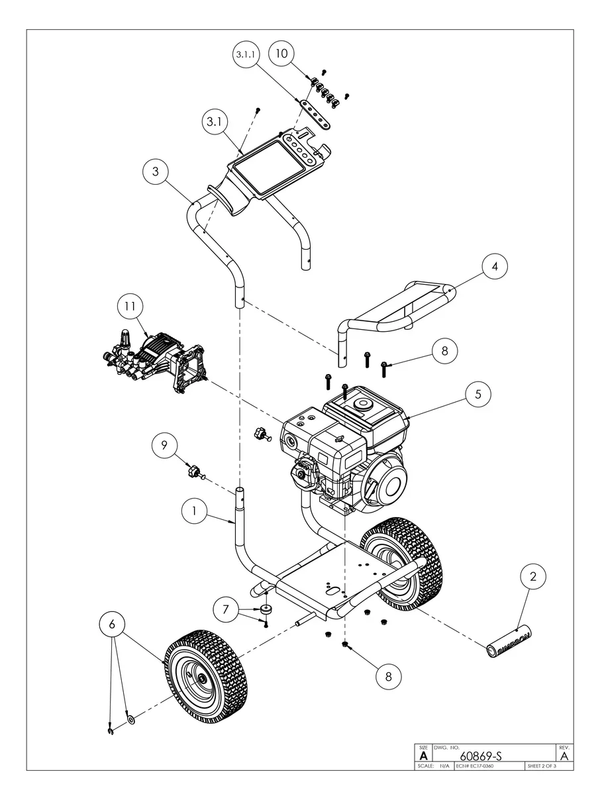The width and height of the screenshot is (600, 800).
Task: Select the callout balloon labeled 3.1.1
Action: coord(246,56)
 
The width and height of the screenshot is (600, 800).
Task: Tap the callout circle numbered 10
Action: coord(282,54)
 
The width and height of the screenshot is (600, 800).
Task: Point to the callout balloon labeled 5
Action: coord(477,394)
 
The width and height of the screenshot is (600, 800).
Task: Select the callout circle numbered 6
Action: coord(112,624)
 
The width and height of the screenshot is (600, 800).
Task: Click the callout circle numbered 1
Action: coord(194,511)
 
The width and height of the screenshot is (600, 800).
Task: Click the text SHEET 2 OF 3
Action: coord(542,766)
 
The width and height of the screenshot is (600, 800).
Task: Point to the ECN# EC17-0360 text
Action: coord(475,766)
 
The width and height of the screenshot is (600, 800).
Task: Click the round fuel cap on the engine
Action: coord(362,403)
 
